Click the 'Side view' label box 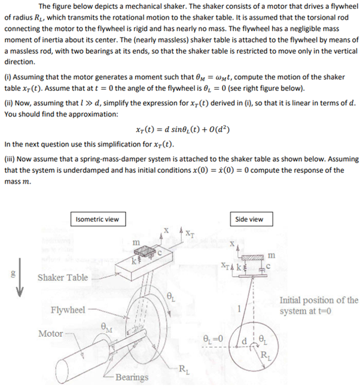[x=249, y=219]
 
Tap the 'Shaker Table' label [x=63, y=278]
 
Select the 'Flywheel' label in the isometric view [x=67, y=310]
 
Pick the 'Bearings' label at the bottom [x=132, y=377]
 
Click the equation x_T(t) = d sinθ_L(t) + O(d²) [x=179, y=130]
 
